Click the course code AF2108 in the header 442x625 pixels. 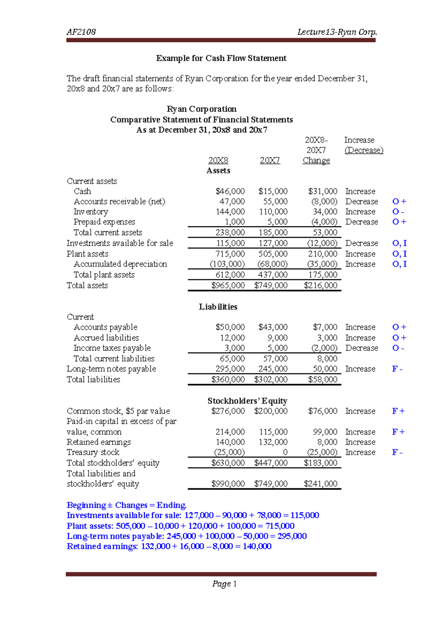pyautogui.click(x=81, y=32)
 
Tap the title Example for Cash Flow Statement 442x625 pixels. pyautogui.click(x=221, y=58)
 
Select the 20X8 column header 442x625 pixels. pyautogui.click(x=218, y=160)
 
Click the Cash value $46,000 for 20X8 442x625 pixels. pyautogui.click(x=230, y=191)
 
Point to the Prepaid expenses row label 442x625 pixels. pyautogui.click(x=104, y=222)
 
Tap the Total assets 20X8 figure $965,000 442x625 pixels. pyautogui.click(x=228, y=285)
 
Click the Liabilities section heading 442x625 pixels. pyautogui.click(x=218, y=307)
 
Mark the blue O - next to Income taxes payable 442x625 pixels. pyautogui.click(x=398, y=348)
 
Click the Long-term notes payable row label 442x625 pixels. pyautogui.click(x=111, y=369)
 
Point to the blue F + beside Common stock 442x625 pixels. pyautogui.click(x=398, y=411)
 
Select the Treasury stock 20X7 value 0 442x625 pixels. pyautogui.click(x=285, y=452)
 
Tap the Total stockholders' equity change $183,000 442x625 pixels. pyautogui.click(x=320, y=463)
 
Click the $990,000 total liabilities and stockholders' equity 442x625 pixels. pyautogui.click(x=228, y=484)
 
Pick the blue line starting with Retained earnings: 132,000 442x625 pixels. pyautogui.click(x=169, y=546)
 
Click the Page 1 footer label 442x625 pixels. pyautogui.click(x=224, y=584)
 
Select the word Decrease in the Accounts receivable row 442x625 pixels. pyautogui.click(x=361, y=202)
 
